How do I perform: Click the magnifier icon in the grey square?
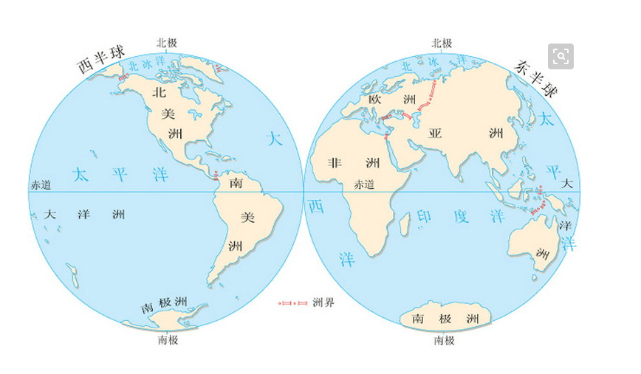click(x=561, y=56)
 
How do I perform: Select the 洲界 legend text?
click(x=323, y=302)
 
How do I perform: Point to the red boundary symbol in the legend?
click(x=292, y=302)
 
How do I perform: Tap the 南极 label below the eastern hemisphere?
click(x=445, y=341)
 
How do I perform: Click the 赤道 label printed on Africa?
click(x=365, y=184)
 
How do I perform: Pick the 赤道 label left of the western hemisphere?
click(x=41, y=185)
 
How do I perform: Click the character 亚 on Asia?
click(x=435, y=134)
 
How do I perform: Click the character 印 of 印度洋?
click(x=426, y=216)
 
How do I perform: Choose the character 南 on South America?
click(x=236, y=181)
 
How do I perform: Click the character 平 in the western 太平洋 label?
click(x=119, y=174)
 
